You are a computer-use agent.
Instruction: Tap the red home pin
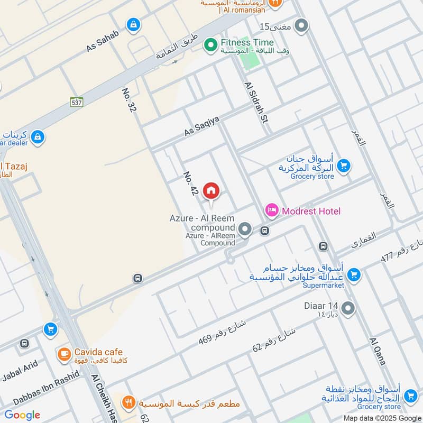211,191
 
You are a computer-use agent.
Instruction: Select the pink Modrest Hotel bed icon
272,211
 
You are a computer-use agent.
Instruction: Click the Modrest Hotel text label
311,211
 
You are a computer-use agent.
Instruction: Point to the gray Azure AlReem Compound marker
245,229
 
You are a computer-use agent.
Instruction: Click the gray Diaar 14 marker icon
347,308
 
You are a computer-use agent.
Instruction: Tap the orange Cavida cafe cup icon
64,354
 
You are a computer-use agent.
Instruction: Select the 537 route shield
77,102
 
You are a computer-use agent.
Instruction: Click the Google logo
22,415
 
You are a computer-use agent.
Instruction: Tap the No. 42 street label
190,183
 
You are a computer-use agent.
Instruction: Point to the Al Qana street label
378,351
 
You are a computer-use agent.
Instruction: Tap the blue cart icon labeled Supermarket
354,274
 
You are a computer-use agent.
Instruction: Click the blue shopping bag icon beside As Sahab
133,24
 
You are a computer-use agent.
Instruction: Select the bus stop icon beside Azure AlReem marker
265,231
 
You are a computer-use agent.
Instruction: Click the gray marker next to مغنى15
301,25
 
